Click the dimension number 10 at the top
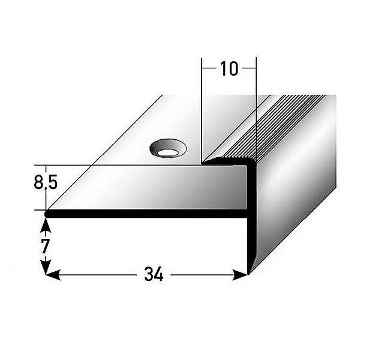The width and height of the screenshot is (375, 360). point(229,69)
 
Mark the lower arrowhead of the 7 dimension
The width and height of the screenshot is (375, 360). point(46,268)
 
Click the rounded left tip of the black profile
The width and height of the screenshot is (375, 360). point(48,212)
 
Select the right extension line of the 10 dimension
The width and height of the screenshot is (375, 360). point(256,108)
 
